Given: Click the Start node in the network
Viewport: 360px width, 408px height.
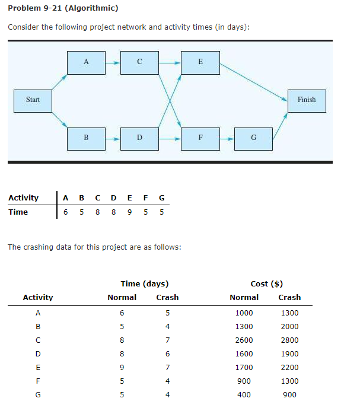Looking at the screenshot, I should (33, 100).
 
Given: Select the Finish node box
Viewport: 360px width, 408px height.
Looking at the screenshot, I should (307, 100).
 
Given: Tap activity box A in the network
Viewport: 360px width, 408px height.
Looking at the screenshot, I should (86, 62).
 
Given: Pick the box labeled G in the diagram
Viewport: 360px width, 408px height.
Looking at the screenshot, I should (253, 138).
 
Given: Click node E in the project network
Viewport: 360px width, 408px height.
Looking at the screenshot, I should (200, 62).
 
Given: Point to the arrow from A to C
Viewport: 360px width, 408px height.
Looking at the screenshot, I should (113, 62).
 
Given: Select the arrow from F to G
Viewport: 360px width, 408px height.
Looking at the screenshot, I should (227, 138).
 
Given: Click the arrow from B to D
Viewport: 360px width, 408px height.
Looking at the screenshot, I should (113, 138).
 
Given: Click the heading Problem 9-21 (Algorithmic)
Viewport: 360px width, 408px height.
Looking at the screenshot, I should (63, 8).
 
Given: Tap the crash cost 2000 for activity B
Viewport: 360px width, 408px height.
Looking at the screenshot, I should (289, 327).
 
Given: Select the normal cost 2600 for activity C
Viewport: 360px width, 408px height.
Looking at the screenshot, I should (244, 340).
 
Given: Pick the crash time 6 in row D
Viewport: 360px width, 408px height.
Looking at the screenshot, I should (168, 354).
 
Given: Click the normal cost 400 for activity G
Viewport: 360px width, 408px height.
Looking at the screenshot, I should (244, 394).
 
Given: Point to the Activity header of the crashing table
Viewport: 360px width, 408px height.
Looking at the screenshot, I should (37, 298).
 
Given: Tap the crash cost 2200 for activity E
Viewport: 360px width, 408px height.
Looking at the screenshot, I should (289, 368).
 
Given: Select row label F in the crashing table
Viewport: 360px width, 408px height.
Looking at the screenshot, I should (38, 381).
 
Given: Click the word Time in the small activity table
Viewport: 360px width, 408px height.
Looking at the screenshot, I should (18, 212).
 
